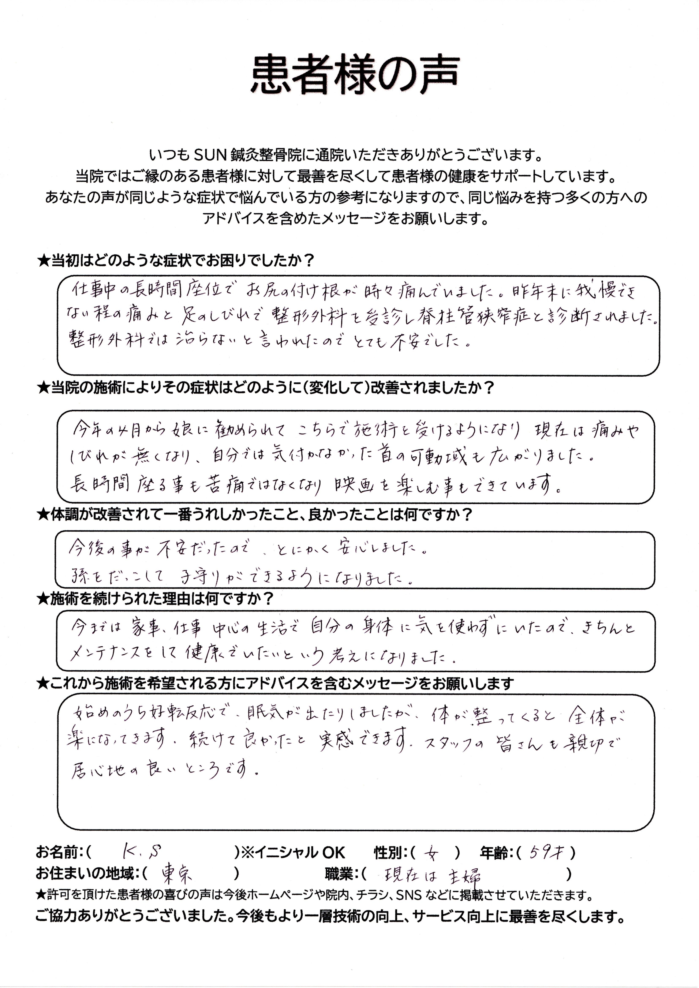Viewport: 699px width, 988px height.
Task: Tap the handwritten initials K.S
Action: (141, 851)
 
